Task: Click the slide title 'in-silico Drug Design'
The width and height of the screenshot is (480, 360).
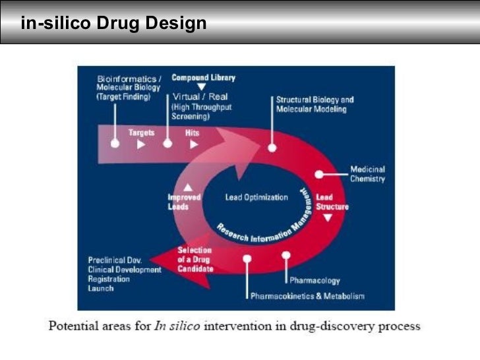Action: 113,24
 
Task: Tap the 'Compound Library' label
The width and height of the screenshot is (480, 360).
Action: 203,77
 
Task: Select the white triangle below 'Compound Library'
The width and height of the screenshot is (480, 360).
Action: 202,86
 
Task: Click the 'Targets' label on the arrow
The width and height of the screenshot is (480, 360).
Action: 141,133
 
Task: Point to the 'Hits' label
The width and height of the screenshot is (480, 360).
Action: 193,133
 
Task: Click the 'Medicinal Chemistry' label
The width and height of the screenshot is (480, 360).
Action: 367,174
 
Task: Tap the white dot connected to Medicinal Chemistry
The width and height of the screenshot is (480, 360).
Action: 319,175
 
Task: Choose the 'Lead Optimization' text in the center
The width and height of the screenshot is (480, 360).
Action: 256,197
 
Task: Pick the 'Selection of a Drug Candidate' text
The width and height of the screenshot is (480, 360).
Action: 195,260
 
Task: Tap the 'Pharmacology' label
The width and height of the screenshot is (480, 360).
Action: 315,281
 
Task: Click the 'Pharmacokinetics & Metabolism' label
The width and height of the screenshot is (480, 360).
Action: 307,296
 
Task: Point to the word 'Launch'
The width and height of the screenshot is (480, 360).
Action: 101,288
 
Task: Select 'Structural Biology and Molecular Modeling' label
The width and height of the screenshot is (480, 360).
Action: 315,104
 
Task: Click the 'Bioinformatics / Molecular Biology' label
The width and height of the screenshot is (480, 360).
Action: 129,87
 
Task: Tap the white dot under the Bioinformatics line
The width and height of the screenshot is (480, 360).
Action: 115,143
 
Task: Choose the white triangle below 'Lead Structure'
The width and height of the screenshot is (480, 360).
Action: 328,217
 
